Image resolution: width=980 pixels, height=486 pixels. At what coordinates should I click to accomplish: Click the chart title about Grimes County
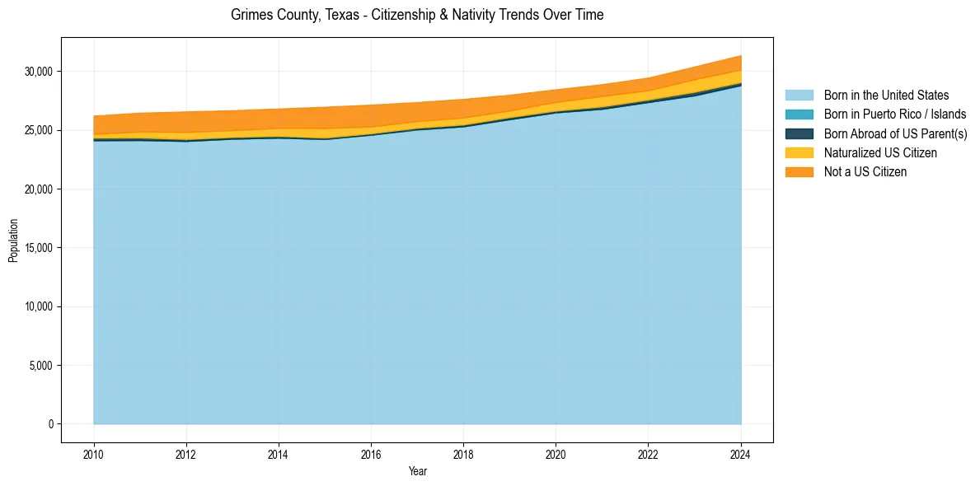(x=417, y=15)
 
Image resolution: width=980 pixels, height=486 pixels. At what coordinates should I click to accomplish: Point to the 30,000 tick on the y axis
(x=39, y=72)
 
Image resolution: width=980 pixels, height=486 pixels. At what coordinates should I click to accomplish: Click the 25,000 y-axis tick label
(x=39, y=130)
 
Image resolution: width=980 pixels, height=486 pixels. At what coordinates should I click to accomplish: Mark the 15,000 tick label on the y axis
(x=39, y=248)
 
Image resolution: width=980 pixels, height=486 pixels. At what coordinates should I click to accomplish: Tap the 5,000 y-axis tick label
(x=41, y=366)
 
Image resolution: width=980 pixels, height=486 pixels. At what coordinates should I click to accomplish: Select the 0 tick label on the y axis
(x=50, y=424)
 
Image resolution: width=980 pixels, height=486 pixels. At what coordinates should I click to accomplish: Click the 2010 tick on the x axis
(x=94, y=453)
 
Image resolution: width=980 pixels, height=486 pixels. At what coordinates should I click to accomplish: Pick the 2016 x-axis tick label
(x=371, y=453)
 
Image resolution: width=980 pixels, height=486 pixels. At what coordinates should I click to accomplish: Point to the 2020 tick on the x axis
(x=556, y=453)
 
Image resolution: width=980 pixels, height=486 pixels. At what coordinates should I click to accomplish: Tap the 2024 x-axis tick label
(x=741, y=453)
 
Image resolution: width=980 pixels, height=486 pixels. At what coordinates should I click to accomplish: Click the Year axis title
(x=417, y=471)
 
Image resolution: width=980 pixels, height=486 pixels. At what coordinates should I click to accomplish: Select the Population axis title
(x=13, y=241)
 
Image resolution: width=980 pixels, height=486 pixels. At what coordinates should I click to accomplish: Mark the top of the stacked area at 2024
(x=741, y=56)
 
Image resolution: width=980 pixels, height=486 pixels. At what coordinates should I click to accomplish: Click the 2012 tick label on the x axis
(x=186, y=453)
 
